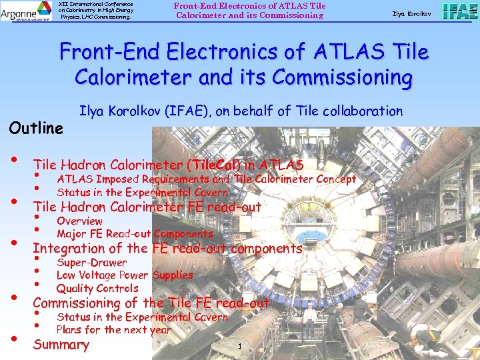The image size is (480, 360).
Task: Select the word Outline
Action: click(36, 127)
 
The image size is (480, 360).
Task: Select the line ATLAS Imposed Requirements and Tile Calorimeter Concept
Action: click(206, 179)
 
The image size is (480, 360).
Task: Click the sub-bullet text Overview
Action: click(79, 221)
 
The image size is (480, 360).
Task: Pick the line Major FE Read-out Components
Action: click(135, 233)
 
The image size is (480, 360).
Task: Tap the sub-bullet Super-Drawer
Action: click(91, 262)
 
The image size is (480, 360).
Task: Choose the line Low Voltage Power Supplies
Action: click(125, 275)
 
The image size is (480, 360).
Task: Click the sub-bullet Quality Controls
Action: click(97, 288)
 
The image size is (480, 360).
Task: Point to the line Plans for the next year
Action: click(114, 329)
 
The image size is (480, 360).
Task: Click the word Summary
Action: click(61, 345)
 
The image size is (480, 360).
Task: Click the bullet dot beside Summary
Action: click(13, 339)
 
